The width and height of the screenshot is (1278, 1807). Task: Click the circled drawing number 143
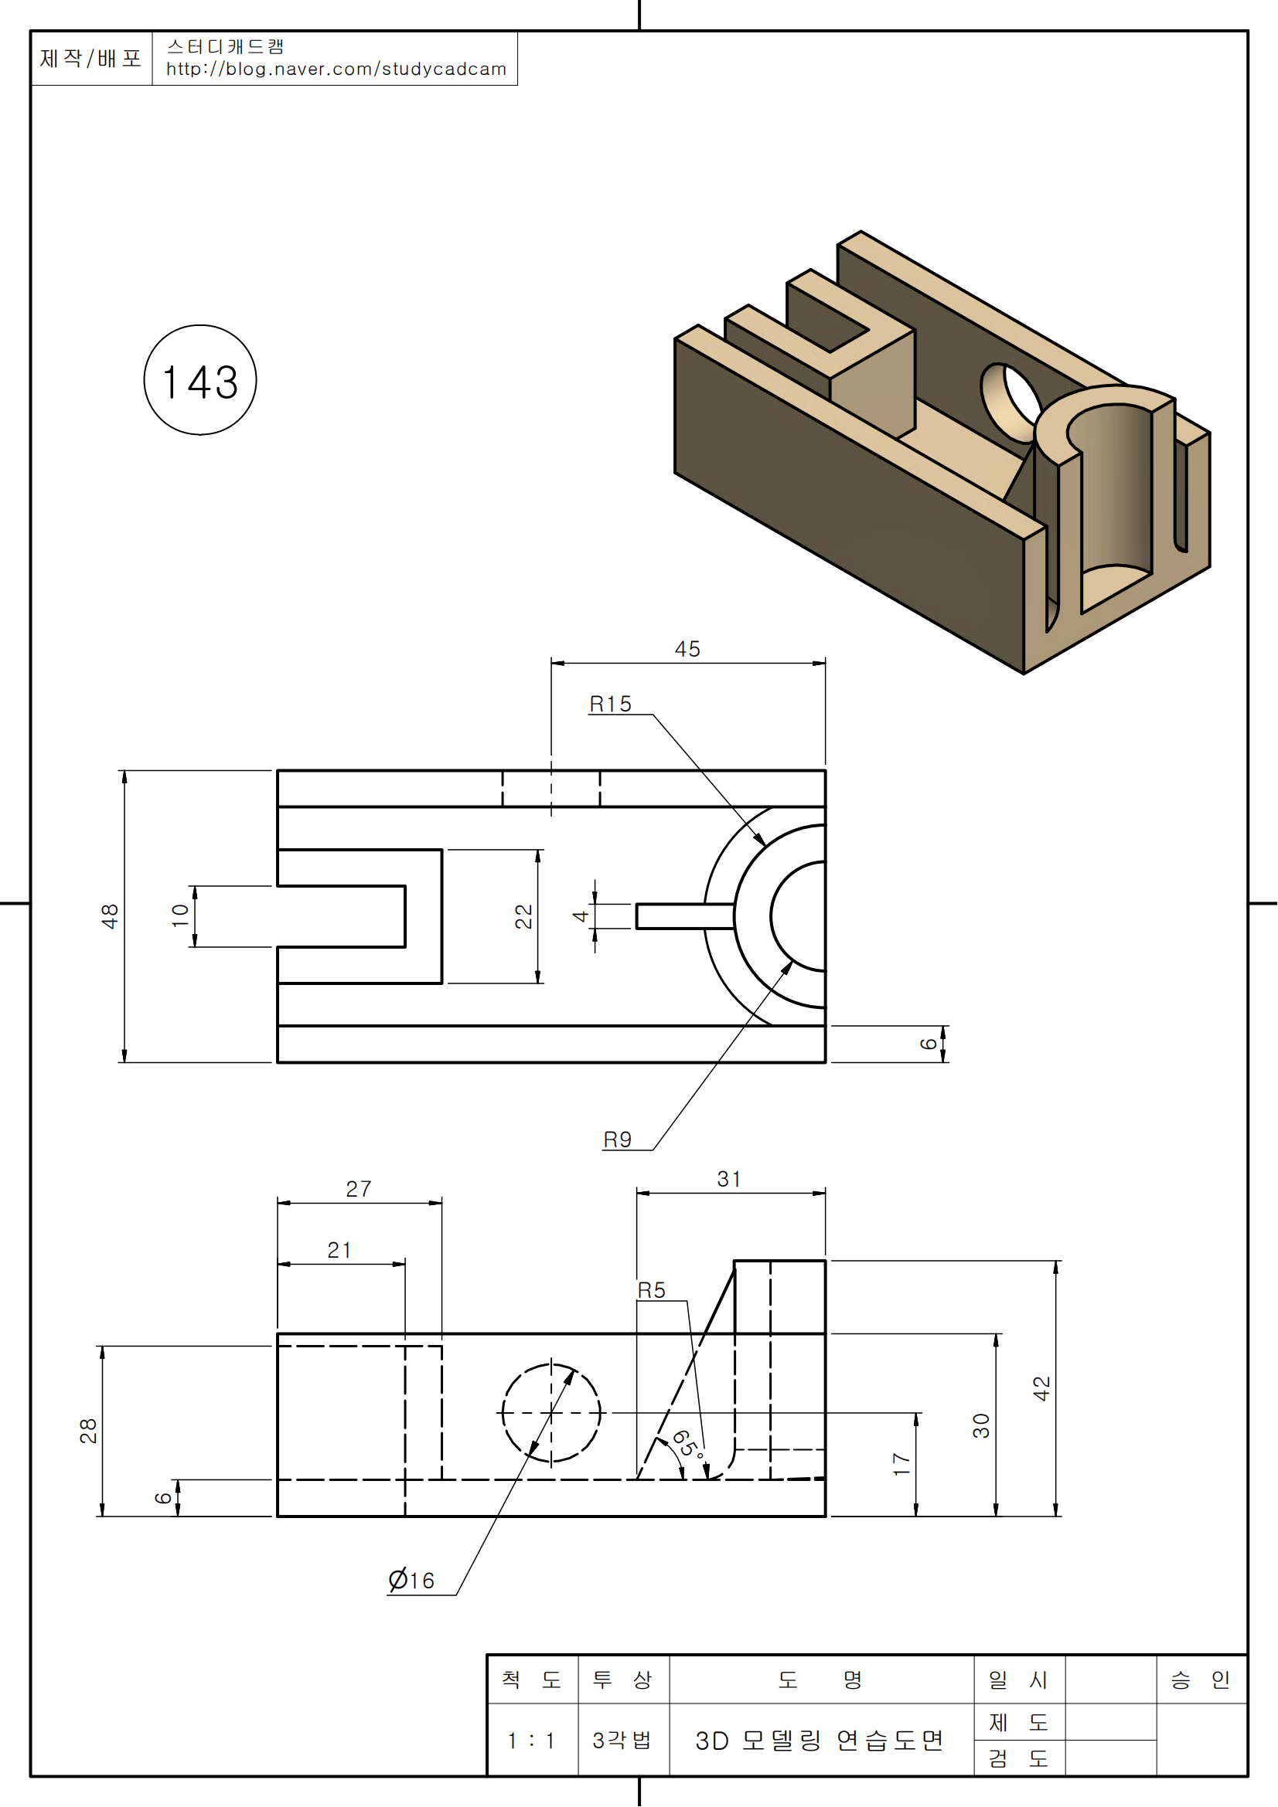200,382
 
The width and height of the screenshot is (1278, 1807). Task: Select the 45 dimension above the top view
687,649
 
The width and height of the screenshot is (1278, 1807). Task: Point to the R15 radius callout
610,705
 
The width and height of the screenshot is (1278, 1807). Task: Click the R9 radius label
617,1140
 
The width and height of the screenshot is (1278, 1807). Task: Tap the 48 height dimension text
110,916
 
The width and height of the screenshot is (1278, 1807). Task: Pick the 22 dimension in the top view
523,916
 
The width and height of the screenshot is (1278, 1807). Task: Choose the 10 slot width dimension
180,915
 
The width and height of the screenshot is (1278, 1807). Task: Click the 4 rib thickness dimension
581,916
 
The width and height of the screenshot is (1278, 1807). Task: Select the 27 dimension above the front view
358,1189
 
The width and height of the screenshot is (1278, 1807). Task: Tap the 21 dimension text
339,1251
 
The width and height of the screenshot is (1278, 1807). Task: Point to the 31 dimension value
728,1180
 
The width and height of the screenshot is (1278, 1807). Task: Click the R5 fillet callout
651,1291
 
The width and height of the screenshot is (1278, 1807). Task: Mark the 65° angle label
687,1444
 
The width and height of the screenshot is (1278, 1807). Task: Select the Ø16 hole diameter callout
411,1581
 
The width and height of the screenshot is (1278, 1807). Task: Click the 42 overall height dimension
1041,1388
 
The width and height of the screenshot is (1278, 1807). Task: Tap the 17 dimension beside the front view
901,1464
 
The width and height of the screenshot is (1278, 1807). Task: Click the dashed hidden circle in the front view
505,1413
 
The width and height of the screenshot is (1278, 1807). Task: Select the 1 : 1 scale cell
531,1741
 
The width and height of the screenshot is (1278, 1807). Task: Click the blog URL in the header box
336,70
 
